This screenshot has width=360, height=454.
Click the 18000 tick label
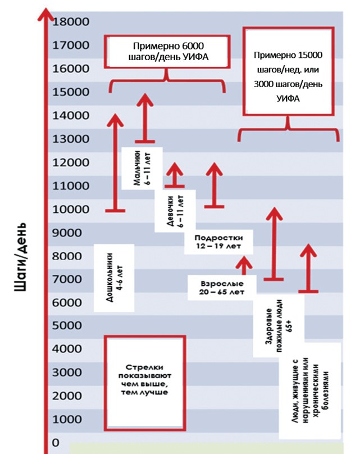pos(71,22)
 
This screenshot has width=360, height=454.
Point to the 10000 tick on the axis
pos(71,209)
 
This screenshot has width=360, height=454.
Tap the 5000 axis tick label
pos(67,325)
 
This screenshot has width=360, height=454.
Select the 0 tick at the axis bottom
pos(56,442)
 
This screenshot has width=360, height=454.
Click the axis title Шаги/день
pos(21,257)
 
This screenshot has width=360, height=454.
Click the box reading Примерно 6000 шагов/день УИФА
pos(167,52)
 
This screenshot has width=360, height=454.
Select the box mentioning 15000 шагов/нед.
pos(289,71)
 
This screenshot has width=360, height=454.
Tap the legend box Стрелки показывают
pos(145,383)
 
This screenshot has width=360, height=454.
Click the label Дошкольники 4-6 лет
pos(114,278)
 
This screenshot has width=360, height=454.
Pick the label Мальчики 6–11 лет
pos(142,168)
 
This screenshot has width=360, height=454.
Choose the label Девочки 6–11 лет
pos(175,211)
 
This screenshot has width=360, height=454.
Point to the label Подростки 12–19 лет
pos(218,242)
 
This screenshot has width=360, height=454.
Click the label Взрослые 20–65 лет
pos(222,288)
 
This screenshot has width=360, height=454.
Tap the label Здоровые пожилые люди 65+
pos(279,326)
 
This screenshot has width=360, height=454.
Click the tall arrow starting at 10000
pos(115,163)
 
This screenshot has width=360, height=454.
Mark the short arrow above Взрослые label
pos(244,265)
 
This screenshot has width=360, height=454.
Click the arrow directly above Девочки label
pos(175,175)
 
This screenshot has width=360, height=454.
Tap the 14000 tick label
pos(71,116)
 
